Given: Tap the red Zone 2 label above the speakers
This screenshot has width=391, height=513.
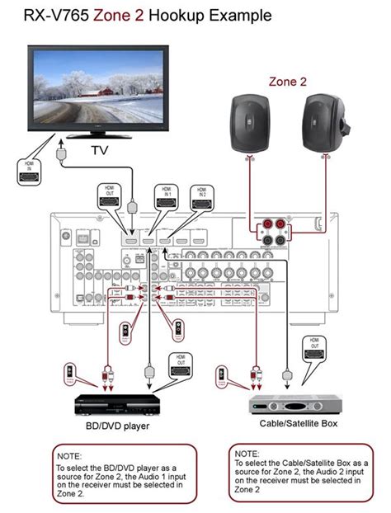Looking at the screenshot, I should [287, 82].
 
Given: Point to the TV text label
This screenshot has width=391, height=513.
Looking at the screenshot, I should [100, 151].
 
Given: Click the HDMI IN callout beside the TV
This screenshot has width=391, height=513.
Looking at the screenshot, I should [29, 171].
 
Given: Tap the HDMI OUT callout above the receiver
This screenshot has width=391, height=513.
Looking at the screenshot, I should [106, 195].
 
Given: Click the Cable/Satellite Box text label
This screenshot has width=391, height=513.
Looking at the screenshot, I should [298, 423].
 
